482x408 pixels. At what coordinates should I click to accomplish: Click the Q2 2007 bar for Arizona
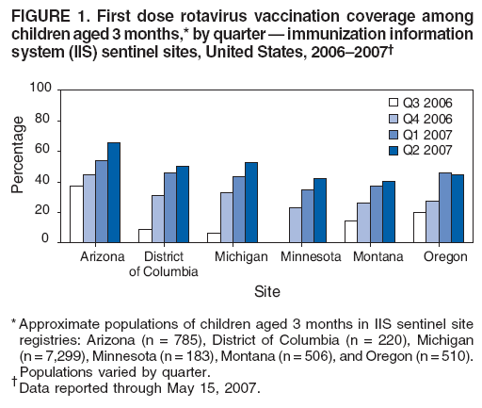pyautogui.click(x=114, y=193)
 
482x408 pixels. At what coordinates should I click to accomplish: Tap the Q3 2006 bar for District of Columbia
pyautogui.click(x=145, y=236)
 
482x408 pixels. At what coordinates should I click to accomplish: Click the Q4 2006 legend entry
pyautogui.click(x=410, y=118)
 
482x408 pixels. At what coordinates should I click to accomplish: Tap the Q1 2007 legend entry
pyautogui.click(x=410, y=134)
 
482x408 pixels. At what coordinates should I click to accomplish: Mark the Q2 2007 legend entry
pyautogui.click(x=410, y=150)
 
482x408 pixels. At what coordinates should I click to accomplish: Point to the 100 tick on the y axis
pyautogui.click(x=40, y=90)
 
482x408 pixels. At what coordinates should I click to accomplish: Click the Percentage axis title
pyautogui.click(x=17, y=166)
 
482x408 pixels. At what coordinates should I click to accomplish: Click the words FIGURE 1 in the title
pyautogui.click(x=38, y=12)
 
